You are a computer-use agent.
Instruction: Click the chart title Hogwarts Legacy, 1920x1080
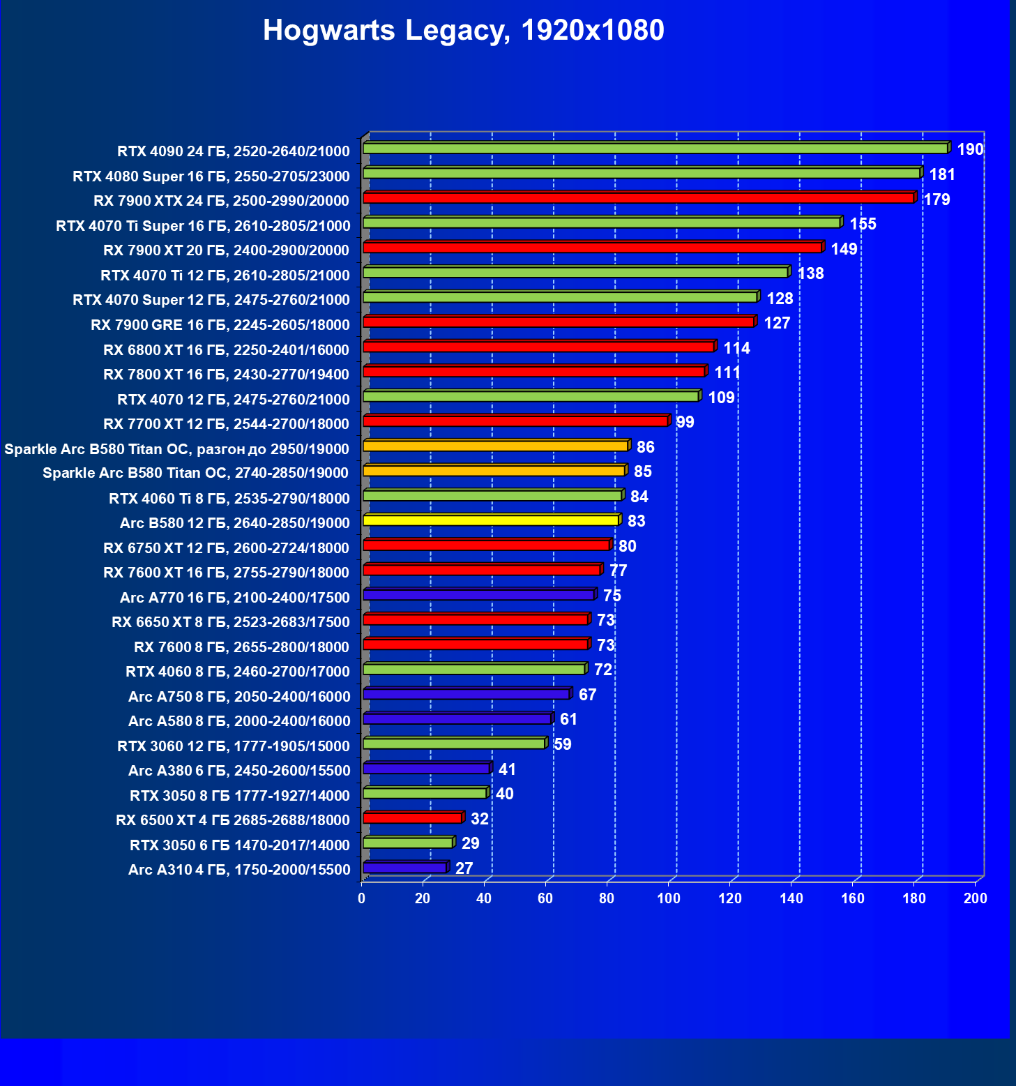point(463,31)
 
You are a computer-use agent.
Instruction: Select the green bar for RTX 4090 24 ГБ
point(655,149)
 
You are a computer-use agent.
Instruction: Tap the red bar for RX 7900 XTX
point(638,198)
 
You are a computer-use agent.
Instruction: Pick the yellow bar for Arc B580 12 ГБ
point(491,520)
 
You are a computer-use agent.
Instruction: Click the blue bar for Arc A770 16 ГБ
point(478,595)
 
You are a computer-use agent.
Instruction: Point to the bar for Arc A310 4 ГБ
point(404,868)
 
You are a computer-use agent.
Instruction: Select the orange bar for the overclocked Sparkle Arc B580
point(495,446)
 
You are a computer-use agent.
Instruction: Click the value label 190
point(970,149)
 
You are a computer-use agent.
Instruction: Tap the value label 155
point(863,224)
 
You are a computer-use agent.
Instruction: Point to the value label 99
point(685,422)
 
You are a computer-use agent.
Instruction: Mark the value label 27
point(464,868)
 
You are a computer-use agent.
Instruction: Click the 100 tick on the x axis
point(669,898)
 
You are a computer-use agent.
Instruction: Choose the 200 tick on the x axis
point(976,898)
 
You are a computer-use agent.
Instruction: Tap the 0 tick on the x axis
point(361,898)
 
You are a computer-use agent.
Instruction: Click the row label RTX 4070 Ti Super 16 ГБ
point(203,226)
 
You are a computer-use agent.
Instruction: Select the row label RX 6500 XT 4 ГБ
point(232,820)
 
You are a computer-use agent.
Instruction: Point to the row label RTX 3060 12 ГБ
point(233,746)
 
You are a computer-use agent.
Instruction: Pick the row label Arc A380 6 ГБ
point(238,771)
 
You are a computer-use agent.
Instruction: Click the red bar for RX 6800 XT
point(538,347)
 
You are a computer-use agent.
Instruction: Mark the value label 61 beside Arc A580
point(568,719)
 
